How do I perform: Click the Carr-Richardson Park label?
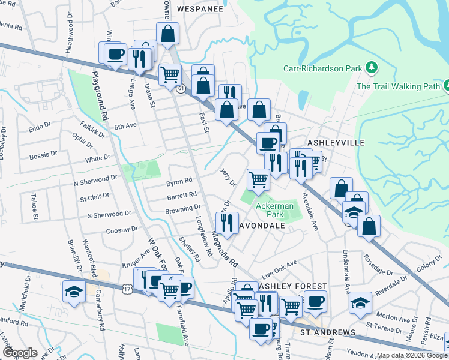323,68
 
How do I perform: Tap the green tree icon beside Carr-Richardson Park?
372,67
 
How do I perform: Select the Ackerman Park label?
274,210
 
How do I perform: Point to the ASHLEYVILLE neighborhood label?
336,143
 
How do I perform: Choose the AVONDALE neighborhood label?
262,226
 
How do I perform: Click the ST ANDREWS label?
328,332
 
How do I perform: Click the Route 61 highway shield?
180,88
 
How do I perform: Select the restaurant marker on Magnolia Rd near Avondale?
227,223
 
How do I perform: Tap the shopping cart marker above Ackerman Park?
258,178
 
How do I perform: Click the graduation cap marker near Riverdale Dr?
360,302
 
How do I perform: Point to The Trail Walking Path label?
399,86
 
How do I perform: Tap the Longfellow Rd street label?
205,238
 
